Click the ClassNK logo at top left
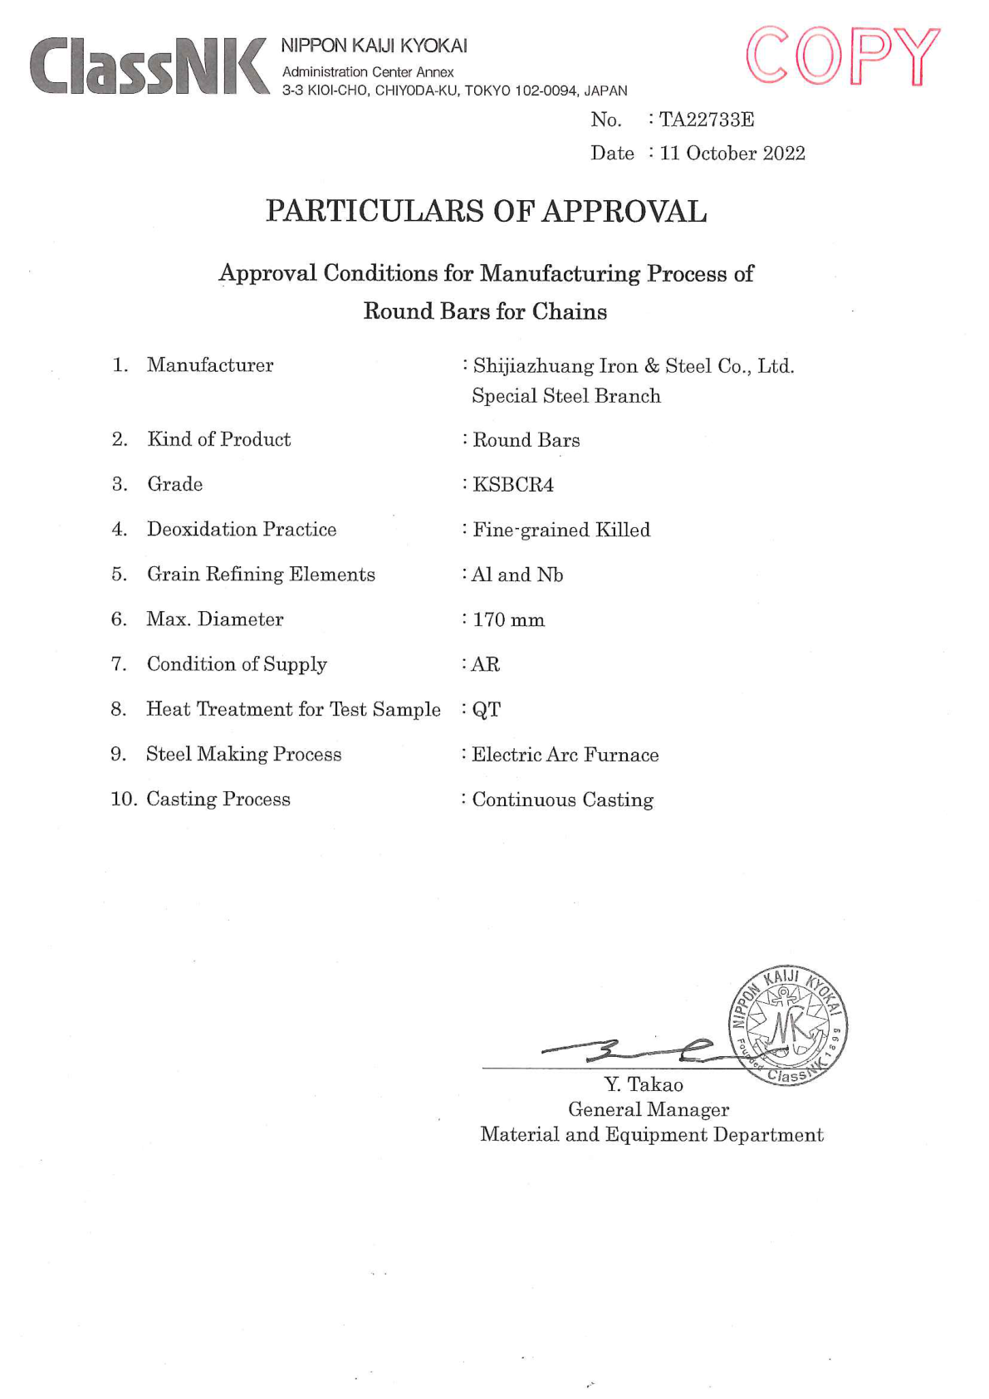coord(149,66)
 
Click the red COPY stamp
coord(842,56)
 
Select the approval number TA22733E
coord(707,120)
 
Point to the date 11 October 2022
coord(732,154)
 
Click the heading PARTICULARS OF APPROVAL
coord(486,212)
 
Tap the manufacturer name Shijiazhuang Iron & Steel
coord(633,366)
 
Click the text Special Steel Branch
coord(566,396)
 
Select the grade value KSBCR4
coord(512,485)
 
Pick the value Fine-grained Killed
coord(561,530)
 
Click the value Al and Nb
coord(517,575)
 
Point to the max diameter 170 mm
coord(508,620)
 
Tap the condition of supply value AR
coord(486,665)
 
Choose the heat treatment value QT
coord(487,710)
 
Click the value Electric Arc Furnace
coord(565,755)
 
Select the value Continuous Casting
coord(562,800)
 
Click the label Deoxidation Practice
coord(242,530)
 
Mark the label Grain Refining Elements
coord(261,575)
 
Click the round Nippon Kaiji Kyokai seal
coord(787,1025)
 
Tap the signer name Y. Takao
coord(644,1084)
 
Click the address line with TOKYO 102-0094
coord(454,90)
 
